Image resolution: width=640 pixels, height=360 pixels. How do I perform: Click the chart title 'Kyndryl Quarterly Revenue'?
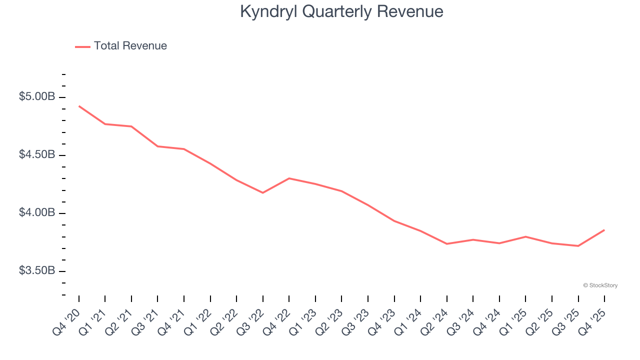coord(341,11)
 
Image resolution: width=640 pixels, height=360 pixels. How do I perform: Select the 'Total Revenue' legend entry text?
coord(130,46)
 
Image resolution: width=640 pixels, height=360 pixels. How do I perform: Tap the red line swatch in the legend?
coord(82,46)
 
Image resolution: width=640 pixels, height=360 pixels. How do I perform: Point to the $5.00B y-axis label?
coord(37,96)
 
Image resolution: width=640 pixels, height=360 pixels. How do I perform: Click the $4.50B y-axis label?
coord(37,154)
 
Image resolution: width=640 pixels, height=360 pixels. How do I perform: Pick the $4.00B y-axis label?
coord(37,212)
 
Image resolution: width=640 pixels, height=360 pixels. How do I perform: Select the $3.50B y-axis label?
coord(37,270)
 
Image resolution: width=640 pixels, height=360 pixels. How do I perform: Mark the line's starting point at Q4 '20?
coord(79,106)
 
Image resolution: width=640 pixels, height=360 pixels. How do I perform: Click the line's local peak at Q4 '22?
coord(289,178)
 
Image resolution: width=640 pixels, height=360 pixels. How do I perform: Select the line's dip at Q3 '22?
coord(263,192)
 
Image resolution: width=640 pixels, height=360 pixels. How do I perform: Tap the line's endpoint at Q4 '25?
coord(604,230)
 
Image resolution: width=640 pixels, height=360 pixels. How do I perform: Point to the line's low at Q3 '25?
coord(578,246)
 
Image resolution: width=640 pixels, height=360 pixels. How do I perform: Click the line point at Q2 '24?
coord(446,244)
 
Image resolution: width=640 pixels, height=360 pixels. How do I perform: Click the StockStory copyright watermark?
coord(600,285)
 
